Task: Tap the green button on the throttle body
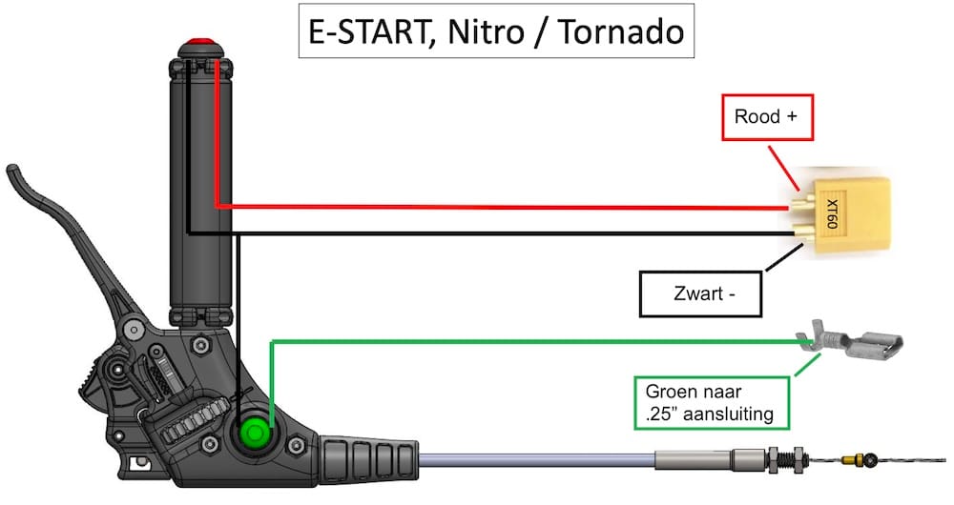click(256, 433)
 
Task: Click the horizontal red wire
click(506, 206)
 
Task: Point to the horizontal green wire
click(534, 340)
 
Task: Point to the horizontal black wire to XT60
click(506, 232)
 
